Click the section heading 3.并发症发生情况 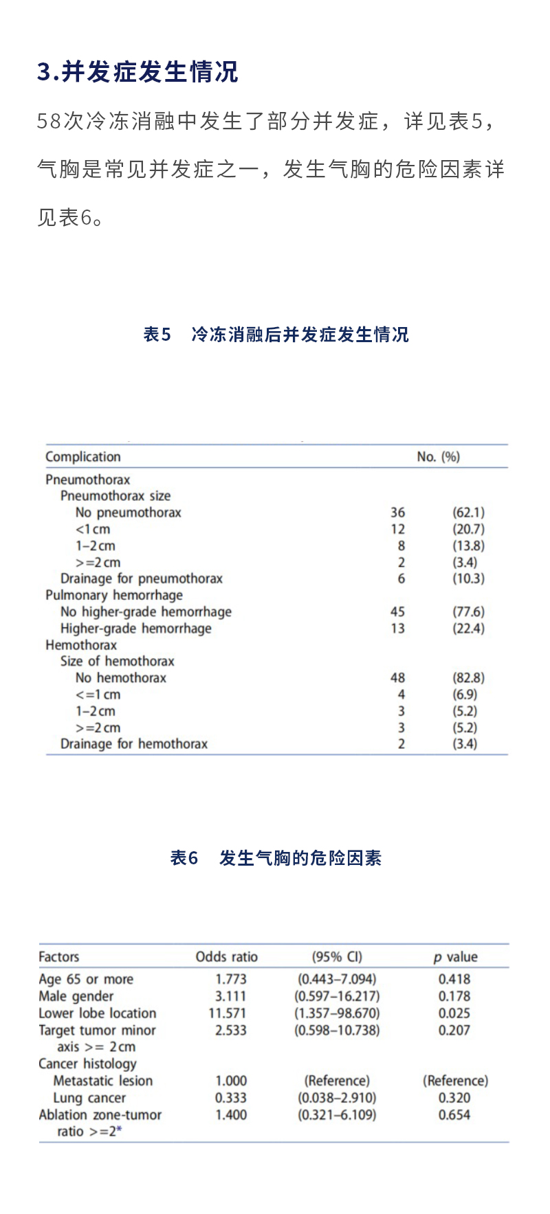coord(137,71)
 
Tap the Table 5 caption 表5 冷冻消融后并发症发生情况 coord(276,335)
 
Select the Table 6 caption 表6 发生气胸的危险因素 coord(276,858)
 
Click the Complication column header coord(83,457)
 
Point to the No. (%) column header coord(438,457)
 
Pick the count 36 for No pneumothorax coord(397,513)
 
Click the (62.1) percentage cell coord(468,513)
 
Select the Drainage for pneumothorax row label coord(142,578)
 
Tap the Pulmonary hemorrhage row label coord(114,595)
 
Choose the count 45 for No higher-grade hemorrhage coord(397,611)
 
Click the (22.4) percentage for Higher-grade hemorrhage coord(468,628)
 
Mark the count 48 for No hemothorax coord(397,678)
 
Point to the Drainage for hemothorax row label coord(134,744)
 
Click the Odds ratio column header coord(227,957)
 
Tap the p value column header coord(455,957)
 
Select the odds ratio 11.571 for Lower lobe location coord(228,1013)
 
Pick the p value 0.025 coord(454,1013)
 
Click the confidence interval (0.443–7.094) coord(337,979)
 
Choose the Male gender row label coord(76,996)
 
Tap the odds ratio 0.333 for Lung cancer coord(231,1098)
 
